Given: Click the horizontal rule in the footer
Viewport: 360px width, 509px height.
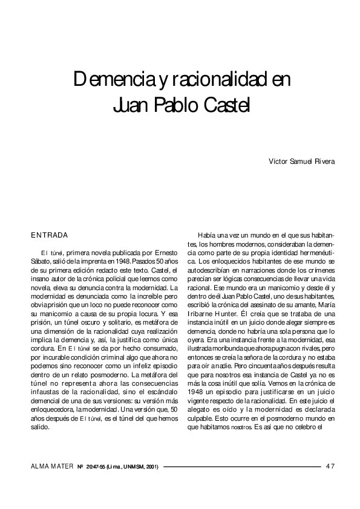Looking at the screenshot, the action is click(242, 467).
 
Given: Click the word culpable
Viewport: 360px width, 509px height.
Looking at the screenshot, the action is click(203, 417).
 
